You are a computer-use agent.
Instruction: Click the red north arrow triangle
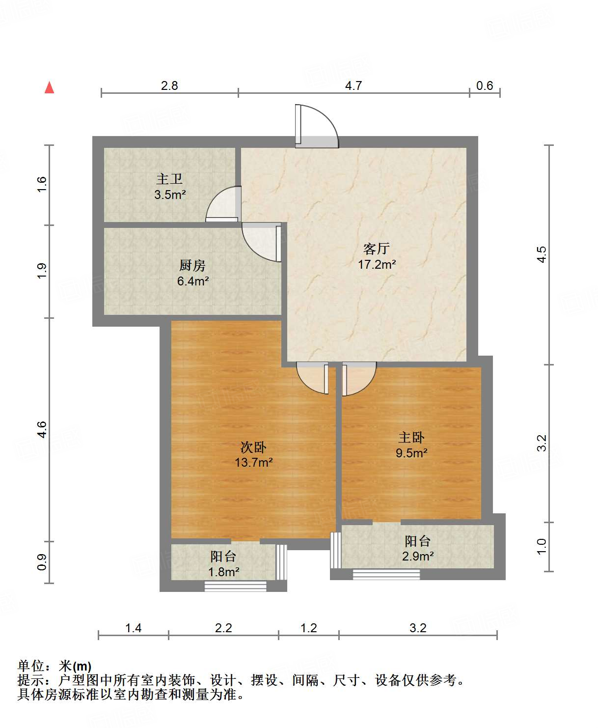(50, 87)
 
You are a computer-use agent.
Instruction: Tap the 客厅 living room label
(377, 249)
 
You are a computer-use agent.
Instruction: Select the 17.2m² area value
(377, 265)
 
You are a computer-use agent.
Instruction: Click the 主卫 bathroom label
(170, 179)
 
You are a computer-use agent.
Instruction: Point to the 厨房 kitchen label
(192, 265)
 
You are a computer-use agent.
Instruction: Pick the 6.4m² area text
(193, 281)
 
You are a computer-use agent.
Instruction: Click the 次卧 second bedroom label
(253, 448)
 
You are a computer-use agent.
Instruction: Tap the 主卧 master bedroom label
(411, 438)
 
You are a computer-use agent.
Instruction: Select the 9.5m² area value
(411, 453)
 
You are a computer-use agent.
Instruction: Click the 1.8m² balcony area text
(223, 572)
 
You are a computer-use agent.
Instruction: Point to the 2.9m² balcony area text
(417, 556)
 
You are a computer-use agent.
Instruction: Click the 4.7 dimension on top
(353, 85)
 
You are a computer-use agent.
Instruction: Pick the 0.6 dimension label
(485, 85)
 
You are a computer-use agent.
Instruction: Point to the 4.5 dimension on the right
(542, 254)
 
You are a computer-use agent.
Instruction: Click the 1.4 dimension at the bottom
(133, 628)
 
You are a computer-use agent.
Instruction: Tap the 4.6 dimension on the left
(42, 429)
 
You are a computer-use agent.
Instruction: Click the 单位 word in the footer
(31, 666)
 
